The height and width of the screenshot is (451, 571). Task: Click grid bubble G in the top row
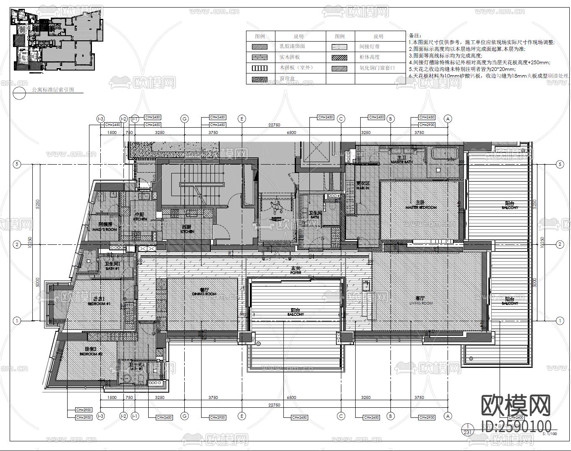(x=184, y=119)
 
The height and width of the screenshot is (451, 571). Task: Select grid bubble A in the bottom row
(x=448, y=416)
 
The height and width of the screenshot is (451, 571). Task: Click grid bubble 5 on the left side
(x=17, y=164)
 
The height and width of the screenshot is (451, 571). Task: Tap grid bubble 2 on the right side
(x=560, y=244)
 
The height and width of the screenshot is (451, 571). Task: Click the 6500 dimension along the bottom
(x=291, y=397)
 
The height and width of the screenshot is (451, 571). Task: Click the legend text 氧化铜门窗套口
(x=377, y=68)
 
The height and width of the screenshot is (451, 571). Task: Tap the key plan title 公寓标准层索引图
(x=53, y=90)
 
